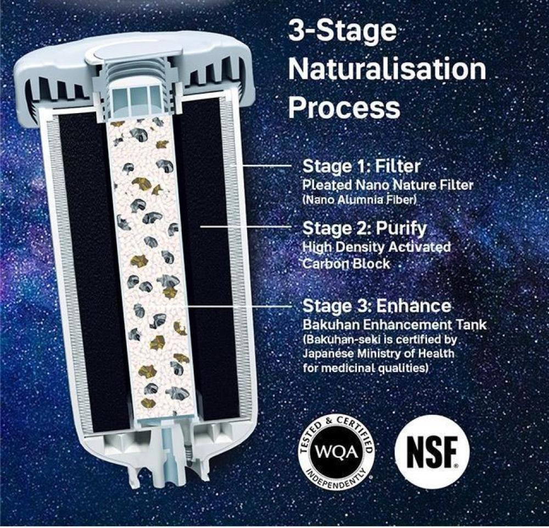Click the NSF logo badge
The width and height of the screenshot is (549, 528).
(432, 451)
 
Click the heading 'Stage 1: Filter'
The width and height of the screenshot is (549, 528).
(361, 166)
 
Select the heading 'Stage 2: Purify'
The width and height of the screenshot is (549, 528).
(365, 229)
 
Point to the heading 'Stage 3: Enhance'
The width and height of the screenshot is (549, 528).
(377, 306)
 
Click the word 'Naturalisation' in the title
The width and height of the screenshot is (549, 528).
(387, 69)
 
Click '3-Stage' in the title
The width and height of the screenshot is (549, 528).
(341, 31)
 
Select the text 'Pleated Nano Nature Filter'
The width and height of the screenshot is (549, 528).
(388, 184)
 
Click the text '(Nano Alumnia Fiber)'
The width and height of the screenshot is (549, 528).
(360, 200)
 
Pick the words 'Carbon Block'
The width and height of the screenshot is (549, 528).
(346, 263)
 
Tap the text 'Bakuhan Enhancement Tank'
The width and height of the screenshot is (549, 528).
(395, 325)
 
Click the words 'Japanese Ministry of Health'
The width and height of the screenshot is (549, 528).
(378, 354)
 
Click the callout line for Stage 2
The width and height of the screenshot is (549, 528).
(245, 227)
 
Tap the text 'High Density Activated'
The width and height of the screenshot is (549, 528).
(377, 247)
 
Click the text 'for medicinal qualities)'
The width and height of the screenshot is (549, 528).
(366, 368)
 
